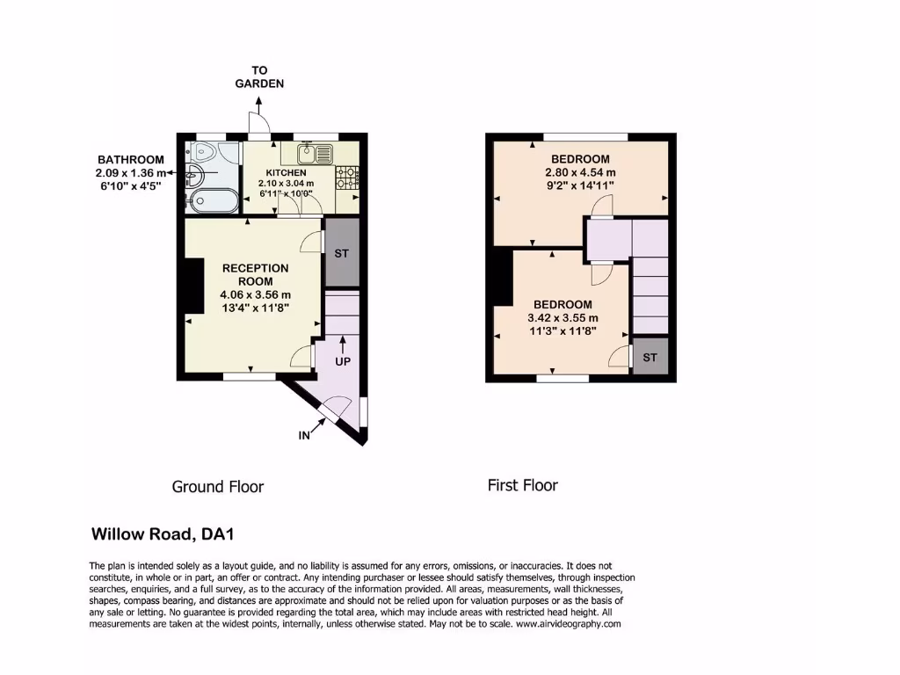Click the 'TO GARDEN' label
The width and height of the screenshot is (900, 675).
pos(259,77)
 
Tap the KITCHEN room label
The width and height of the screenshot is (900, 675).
pos(287,173)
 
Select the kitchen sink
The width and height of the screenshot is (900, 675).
pos(320,154)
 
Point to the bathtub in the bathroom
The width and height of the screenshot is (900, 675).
pos(212,201)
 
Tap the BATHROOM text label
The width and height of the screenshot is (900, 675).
pos(130,159)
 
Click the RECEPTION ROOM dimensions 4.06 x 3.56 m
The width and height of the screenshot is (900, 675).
pos(255,294)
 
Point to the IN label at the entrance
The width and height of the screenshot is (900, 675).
pos(305,433)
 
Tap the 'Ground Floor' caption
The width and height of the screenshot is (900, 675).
pos(217,486)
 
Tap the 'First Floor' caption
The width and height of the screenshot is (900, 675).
pos(522,485)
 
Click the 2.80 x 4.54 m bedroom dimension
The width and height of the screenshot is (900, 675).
pos(580,172)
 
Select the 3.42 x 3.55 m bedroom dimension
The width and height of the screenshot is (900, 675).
pos(562,318)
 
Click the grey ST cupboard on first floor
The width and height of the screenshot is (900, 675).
pos(650,357)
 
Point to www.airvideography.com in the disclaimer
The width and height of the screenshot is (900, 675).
pos(569,624)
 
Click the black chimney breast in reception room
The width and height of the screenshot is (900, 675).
pos(190,286)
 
